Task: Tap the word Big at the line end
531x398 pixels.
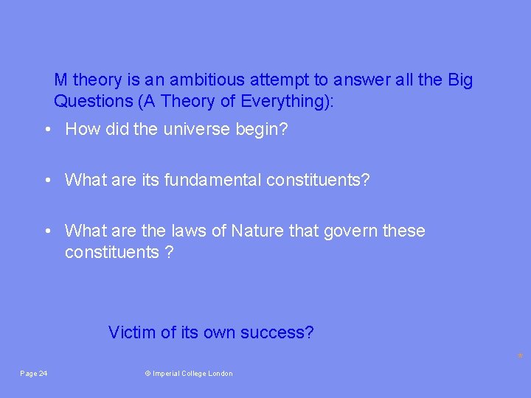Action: pos(460,80)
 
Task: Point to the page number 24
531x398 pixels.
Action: pos(43,374)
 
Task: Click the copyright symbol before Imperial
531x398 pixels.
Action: pos(147,374)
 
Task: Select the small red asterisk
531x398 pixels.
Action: pos(520,357)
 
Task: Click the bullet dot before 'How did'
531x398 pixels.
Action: pos(46,130)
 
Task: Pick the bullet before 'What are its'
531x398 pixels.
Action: pos(46,181)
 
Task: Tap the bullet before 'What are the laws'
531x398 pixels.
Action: pos(46,231)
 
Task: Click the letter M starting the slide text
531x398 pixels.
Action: pos(61,80)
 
